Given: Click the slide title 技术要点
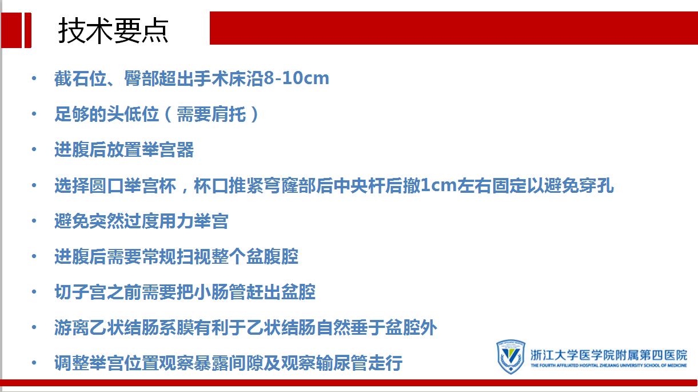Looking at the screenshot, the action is pyautogui.click(x=113, y=30).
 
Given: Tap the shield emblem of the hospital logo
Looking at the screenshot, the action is pyautogui.click(x=510, y=357).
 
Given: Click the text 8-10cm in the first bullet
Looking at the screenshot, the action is pyautogui.click(x=296, y=78).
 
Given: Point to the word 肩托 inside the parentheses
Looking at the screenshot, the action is pyautogui.click(x=229, y=114).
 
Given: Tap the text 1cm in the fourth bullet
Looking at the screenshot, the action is pyautogui.click(x=438, y=185).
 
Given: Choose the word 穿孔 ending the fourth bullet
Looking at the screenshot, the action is pyautogui.click(x=596, y=185).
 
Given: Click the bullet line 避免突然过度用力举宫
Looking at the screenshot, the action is pyautogui.click(x=141, y=221).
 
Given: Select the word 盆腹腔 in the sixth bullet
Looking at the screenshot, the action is pyautogui.click(x=272, y=256).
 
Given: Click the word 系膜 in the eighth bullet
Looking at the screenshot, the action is pyautogui.click(x=176, y=328).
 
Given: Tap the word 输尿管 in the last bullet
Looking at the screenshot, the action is pyautogui.click(x=342, y=363).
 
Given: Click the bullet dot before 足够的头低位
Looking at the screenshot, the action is pyautogui.click(x=34, y=114).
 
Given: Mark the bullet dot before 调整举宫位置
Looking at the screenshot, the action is pyautogui.click(x=34, y=363).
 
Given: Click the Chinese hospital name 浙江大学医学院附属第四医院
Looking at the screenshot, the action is pyautogui.click(x=609, y=355).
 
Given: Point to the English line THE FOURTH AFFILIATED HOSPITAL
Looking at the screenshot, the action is pyautogui.click(x=609, y=366).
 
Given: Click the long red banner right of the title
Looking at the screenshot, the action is pyautogui.click(x=454, y=28).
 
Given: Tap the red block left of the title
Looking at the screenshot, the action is pyautogui.click(x=16, y=30).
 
